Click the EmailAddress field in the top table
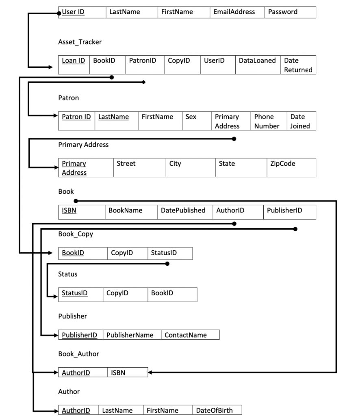(x=234, y=12)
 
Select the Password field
(x=282, y=12)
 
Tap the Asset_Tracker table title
(x=80, y=42)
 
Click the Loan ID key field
(x=74, y=61)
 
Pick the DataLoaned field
(x=257, y=61)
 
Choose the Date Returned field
(x=298, y=65)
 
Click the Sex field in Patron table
(x=191, y=117)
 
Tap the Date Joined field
(x=300, y=121)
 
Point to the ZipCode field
(x=283, y=164)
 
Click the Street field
(x=126, y=164)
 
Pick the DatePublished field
(x=183, y=210)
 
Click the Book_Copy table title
(x=76, y=234)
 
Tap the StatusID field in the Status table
(x=75, y=293)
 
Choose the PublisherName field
(x=130, y=335)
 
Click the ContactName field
(x=186, y=335)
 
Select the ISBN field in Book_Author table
(x=118, y=373)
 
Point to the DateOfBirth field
(x=215, y=410)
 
